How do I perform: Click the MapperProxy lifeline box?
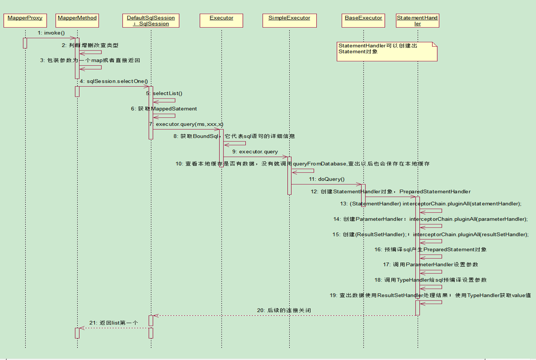coord(25,20)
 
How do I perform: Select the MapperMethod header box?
coord(77,20)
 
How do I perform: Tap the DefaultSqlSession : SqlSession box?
coord(151,20)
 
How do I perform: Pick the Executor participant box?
coord(221,20)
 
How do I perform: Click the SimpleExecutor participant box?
coord(290,20)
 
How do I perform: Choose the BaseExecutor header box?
coord(364,20)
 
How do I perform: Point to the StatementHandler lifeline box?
coord(417,20)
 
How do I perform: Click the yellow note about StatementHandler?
coord(387,51)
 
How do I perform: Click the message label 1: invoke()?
coord(51,33)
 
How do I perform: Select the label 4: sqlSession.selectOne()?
coord(114,81)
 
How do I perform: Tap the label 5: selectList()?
coord(164,93)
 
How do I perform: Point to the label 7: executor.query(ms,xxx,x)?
coord(186,124)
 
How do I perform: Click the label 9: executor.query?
coord(255,151)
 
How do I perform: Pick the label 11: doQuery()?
coord(327,179)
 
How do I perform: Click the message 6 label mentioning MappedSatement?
coord(164,109)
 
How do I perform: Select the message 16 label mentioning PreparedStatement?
coord(430,250)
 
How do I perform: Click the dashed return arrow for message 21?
coord(114,328)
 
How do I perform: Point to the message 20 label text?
coord(284,310)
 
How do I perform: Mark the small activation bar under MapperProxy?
coord(25,43)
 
